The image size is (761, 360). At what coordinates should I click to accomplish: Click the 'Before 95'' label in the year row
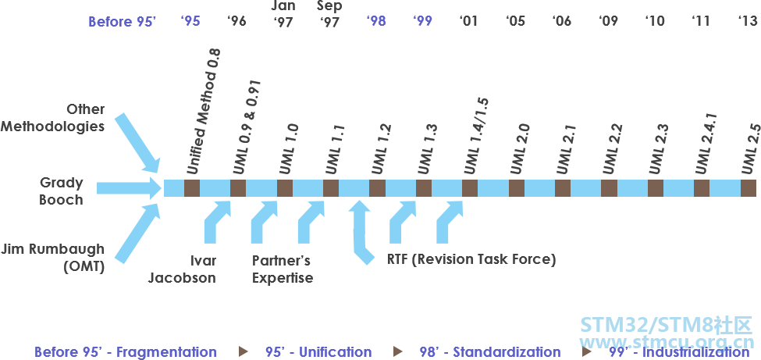(x=122, y=21)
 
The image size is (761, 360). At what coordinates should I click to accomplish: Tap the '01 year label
(x=468, y=21)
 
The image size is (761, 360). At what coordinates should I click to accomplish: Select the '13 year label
(x=748, y=21)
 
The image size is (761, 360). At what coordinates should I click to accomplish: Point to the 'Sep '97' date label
(x=329, y=14)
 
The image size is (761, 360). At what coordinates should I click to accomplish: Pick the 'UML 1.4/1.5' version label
(x=477, y=136)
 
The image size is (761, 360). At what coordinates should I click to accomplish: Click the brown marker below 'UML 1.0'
(x=285, y=188)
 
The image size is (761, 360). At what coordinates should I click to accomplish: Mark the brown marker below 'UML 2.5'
(x=749, y=188)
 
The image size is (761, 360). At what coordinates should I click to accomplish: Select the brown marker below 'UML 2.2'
(x=609, y=188)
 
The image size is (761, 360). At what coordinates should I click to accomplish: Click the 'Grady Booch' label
(x=62, y=191)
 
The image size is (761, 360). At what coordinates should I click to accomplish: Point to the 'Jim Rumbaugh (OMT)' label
(x=52, y=258)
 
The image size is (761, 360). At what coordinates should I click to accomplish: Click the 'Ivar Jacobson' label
(x=182, y=269)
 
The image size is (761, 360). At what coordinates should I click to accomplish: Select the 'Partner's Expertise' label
(x=283, y=269)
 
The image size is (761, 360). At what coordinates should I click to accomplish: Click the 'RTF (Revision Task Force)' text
(x=471, y=259)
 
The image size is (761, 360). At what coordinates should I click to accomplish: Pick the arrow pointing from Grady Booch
(x=129, y=188)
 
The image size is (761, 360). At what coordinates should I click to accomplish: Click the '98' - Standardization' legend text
(x=490, y=352)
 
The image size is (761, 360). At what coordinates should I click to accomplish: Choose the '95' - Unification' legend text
(x=319, y=352)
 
